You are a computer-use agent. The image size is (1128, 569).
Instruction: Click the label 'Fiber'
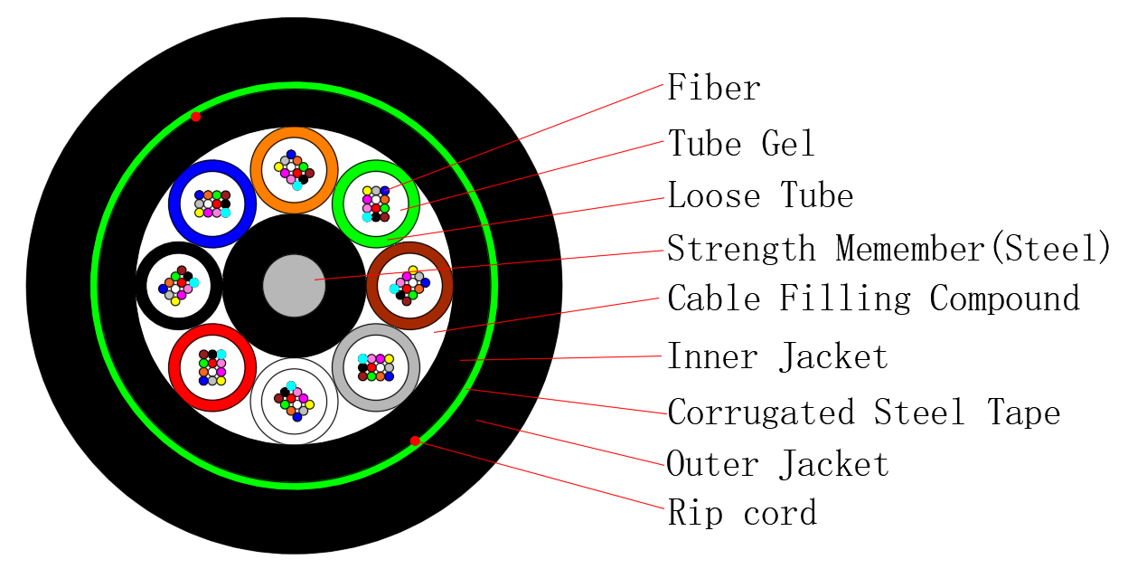coord(713,88)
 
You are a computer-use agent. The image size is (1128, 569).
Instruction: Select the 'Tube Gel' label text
coord(740,143)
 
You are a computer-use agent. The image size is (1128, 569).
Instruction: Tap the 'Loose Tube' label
coord(759,195)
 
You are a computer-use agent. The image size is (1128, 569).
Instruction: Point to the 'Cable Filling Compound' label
coord(873,299)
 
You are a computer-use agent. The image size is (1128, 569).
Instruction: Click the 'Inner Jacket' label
coord(777,356)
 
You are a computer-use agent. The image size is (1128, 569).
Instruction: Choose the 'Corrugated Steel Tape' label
coord(863,412)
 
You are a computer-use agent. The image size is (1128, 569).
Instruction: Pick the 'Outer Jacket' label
coord(777,464)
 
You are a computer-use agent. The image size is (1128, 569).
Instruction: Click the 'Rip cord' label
coord(742,513)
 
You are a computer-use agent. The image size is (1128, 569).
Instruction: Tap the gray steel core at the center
coord(294,286)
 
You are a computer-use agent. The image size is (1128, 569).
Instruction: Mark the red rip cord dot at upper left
coord(195,117)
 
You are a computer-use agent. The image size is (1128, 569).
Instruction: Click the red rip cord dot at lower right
coord(415,441)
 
